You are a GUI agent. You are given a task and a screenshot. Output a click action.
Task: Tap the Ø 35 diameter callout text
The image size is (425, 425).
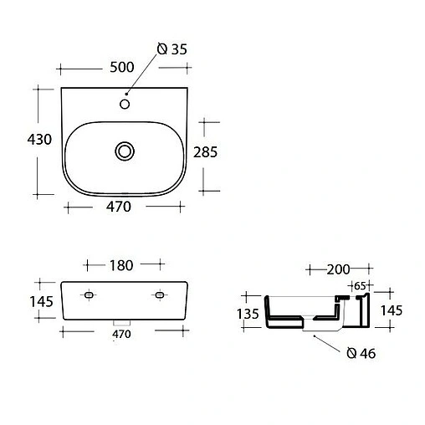(x=172, y=49)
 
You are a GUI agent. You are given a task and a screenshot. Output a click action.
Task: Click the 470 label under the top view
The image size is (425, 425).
(x=119, y=208)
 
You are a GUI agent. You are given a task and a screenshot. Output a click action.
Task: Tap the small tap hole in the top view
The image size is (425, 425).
(x=125, y=105)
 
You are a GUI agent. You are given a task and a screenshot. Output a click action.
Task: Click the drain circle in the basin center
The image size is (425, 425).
(x=125, y=151)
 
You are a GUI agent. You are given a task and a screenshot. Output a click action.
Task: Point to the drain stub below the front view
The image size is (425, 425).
(x=122, y=322)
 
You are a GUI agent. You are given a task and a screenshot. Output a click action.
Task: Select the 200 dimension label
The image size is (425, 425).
(x=338, y=269)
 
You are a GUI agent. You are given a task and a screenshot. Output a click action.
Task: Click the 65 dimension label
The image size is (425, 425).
(x=359, y=285)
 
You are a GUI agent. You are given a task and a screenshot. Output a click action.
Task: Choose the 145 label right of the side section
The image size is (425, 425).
(x=391, y=310)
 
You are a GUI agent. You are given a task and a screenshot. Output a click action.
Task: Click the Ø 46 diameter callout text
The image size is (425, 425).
(x=361, y=354)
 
